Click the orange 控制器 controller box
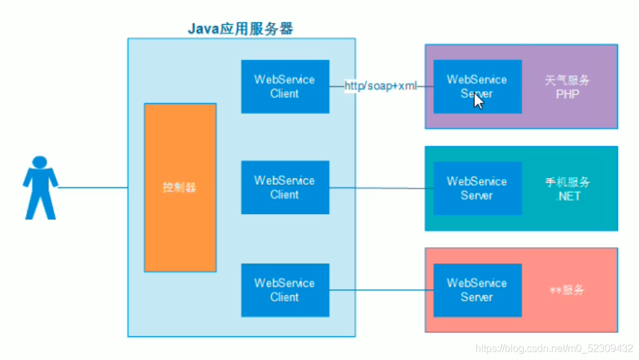[x=180, y=187]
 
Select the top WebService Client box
[x=285, y=87]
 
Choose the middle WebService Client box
[x=285, y=187]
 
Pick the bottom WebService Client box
[x=285, y=290]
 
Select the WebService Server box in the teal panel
[x=477, y=188]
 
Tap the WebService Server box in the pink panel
[x=477, y=290]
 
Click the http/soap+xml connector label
[x=380, y=86]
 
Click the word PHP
[x=567, y=94]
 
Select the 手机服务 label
[x=567, y=182]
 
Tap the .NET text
[x=567, y=196]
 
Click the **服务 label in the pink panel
[x=567, y=290]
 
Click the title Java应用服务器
[x=241, y=29]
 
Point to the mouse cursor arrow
[x=478, y=101]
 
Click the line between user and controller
[x=92, y=188]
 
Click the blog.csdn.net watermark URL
[x=554, y=349]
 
